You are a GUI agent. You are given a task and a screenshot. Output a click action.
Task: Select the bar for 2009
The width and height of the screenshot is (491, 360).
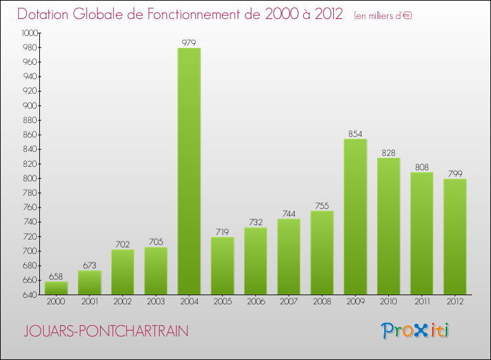pos(355,217)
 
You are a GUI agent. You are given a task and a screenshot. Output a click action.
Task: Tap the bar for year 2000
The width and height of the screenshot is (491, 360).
pos(56,288)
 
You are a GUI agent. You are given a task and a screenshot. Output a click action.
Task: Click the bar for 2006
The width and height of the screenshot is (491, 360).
pos(255,261)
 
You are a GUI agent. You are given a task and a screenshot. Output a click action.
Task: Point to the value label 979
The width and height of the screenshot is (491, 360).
pos(189,43)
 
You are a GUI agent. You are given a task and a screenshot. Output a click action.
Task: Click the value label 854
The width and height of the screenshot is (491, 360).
pos(355,134)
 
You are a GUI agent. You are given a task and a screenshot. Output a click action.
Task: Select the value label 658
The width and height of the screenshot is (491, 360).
pos(56,277)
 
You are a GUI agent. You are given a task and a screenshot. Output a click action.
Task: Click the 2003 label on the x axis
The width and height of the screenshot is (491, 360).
pos(156,302)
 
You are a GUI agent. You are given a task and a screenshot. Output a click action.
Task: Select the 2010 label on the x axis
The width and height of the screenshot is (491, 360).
pos(388,302)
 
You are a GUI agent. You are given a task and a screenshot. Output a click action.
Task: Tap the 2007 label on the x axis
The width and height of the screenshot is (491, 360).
pos(289,302)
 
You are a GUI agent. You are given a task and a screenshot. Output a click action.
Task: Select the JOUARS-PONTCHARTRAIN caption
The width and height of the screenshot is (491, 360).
pos(105,332)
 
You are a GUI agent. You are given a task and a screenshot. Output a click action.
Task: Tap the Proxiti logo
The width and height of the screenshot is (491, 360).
pos(415,331)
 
